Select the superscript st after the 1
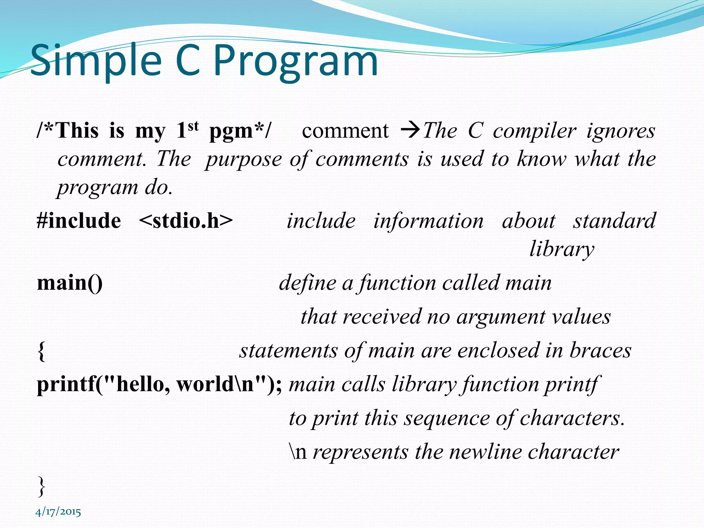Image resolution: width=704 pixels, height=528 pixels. pos(193,126)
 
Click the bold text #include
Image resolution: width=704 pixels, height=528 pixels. pos(79,221)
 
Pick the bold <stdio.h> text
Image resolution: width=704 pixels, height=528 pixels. pos(186,221)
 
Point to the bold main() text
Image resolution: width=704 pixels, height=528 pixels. pos(70,283)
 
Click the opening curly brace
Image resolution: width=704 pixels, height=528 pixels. pos(41,352)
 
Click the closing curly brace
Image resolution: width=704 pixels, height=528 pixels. pos(41,486)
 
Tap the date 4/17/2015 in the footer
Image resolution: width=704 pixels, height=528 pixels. pos(58,512)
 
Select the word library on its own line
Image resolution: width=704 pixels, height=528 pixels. pos(561,249)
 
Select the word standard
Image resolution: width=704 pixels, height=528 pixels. pos(614,221)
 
